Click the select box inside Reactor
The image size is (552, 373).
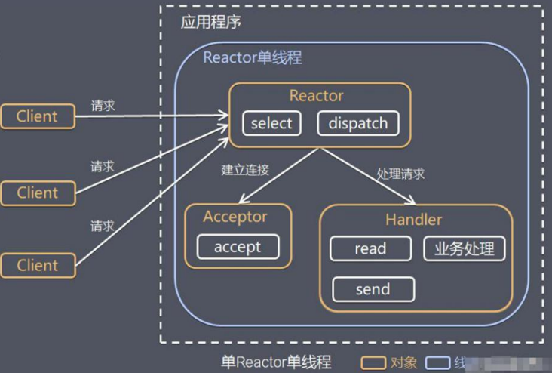click(271, 123)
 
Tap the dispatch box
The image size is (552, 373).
click(357, 123)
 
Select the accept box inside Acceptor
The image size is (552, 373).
click(238, 247)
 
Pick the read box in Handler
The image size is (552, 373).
click(370, 248)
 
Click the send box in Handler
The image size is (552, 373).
click(373, 289)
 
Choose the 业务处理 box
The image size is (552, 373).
click(464, 248)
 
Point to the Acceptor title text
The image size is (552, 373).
click(235, 217)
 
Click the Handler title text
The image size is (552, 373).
click(413, 220)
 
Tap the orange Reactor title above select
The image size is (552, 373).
click(316, 96)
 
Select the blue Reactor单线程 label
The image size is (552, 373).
click(253, 57)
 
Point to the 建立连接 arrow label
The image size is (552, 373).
click(245, 170)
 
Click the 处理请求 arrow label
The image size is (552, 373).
click(400, 173)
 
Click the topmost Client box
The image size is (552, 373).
click(38, 116)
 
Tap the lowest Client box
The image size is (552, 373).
click(38, 266)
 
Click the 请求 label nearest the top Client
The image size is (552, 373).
click(103, 106)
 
